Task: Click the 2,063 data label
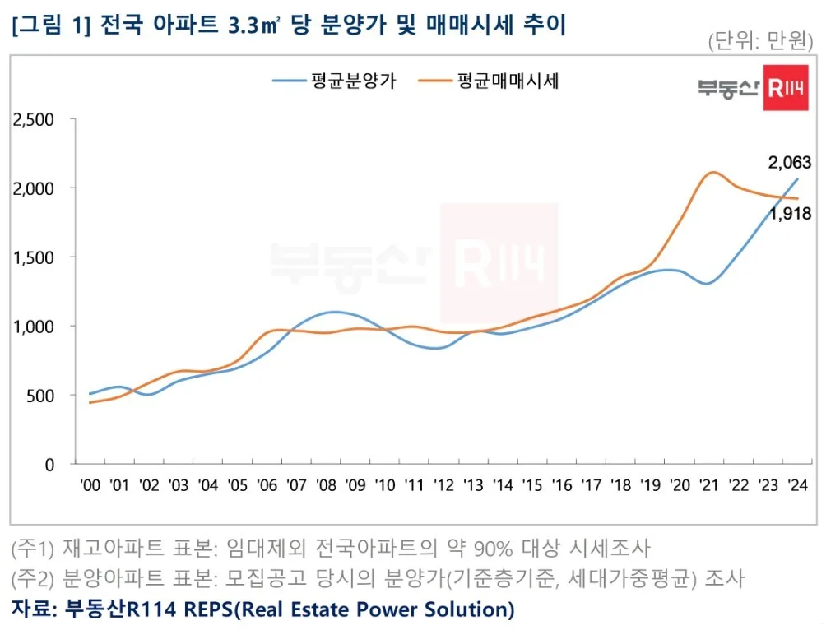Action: pos(789,162)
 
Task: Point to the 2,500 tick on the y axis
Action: pos(34,120)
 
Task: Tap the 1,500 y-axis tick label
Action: pos(34,257)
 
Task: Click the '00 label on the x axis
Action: pos(90,485)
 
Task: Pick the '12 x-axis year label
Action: pos(443,485)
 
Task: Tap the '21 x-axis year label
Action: pos(708,485)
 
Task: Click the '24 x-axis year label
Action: pos(796,485)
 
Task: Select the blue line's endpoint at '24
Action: pos(797,178)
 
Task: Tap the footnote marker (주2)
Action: pos(32,578)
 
